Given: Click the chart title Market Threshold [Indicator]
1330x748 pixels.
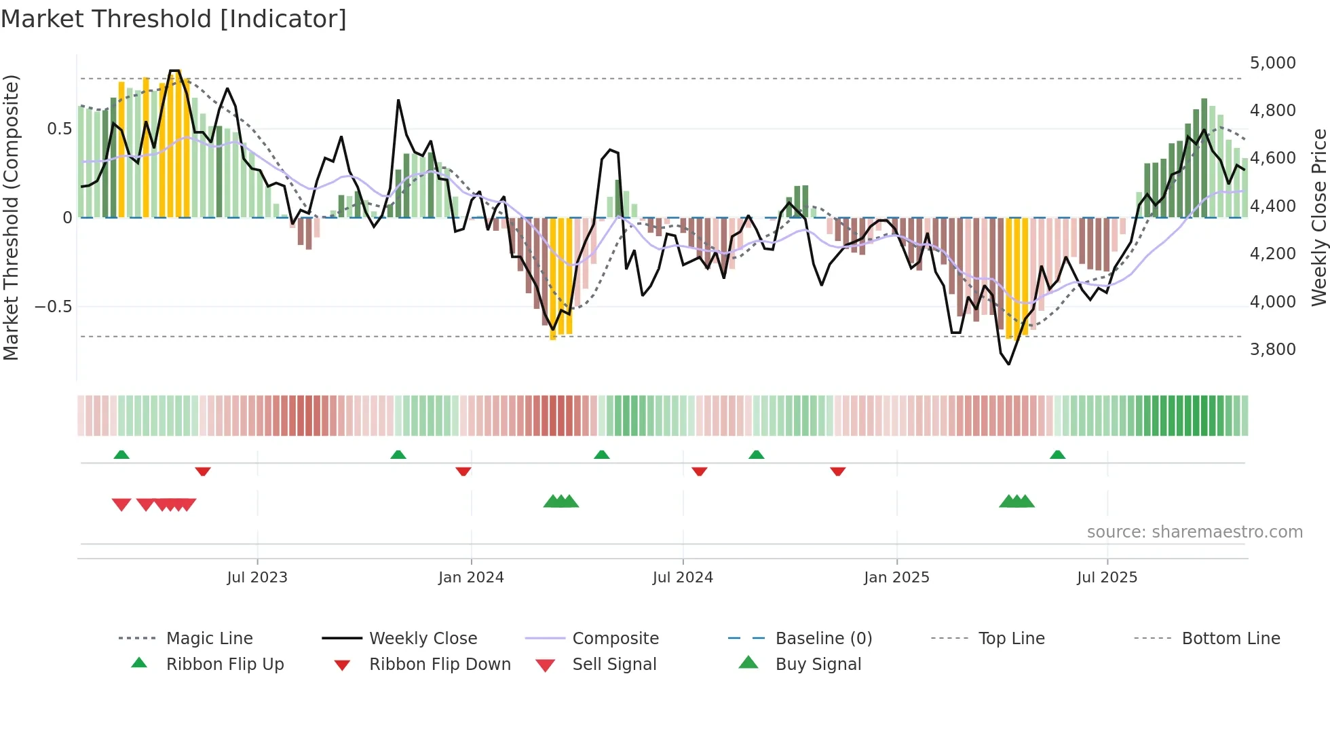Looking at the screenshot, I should [174, 19].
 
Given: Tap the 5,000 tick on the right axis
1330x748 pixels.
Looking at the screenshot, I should [1272, 63].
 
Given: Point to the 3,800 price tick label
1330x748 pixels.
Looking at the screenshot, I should [1272, 350].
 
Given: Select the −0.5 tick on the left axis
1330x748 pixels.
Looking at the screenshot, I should [54, 307].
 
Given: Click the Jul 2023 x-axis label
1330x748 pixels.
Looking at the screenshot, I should [257, 578].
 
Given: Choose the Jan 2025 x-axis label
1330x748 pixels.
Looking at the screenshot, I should [896, 578].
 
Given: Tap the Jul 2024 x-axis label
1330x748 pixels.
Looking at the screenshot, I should [683, 578].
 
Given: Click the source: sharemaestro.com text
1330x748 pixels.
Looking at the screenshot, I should [1194, 532].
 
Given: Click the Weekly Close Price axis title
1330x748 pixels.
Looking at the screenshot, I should [1318, 217].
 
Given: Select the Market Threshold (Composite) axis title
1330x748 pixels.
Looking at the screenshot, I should [11, 217].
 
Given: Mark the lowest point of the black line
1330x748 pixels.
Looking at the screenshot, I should [1009, 364].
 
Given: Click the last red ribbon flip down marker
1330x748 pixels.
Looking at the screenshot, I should [838, 471].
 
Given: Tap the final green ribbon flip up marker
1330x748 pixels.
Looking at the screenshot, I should [1057, 455].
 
